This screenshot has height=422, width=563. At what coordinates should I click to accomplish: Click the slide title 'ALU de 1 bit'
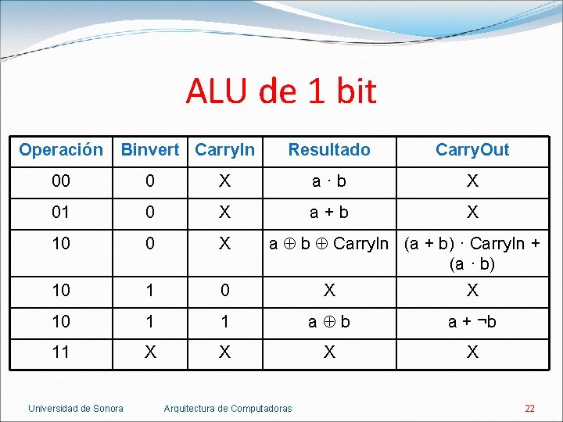click(x=281, y=91)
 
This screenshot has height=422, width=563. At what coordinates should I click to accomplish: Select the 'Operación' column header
click(x=61, y=149)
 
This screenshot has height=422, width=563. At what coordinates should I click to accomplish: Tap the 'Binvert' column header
click(x=150, y=149)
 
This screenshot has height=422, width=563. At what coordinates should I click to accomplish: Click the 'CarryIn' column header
click(x=224, y=149)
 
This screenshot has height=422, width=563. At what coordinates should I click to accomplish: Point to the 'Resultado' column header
click(x=329, y=149)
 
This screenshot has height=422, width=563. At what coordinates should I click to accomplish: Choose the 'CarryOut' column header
click(x=472, y=149)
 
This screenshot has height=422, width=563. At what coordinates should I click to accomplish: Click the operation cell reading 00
click(x=61, y=181)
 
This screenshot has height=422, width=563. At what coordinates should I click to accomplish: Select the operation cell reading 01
click(x=61, y=212)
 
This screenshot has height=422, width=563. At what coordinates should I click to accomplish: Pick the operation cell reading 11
click(x=61, y=352)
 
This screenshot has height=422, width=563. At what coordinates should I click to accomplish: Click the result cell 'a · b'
click(x=329, y=181)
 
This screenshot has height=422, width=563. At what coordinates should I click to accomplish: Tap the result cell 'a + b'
click(x=329, y=212)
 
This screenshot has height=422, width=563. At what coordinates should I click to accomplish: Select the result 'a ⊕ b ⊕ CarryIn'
click(x=333, y=244)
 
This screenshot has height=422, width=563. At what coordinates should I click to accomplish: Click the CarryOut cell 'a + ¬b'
click(x=472, y=321)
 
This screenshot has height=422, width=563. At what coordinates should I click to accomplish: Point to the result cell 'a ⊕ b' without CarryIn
click(x=329, y=321)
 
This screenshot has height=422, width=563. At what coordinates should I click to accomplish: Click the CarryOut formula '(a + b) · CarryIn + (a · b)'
click(x=472, y=253)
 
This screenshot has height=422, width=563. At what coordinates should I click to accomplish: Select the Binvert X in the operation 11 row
click(x=150, y=352)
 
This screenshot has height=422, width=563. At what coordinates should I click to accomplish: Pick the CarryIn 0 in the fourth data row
click(x=224, y=290)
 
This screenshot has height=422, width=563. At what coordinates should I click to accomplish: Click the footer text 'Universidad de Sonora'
click(x=76, y=408)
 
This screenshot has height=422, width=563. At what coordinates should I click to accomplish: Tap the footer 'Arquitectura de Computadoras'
click(x=228, y=408)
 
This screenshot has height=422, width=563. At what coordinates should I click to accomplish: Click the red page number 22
click(x=529, y=408)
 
